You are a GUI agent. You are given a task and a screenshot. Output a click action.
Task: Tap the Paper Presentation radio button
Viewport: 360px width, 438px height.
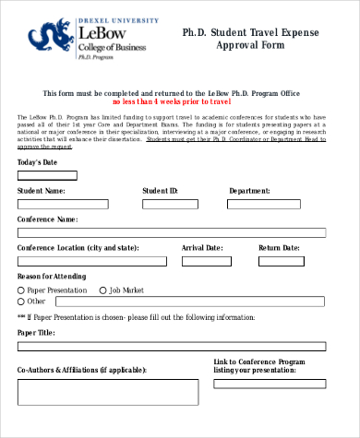(21, 290)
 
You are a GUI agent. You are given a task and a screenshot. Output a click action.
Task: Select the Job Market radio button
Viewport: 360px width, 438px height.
(103, 290)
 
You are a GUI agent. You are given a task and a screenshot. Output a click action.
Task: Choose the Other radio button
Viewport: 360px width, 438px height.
(21, 302)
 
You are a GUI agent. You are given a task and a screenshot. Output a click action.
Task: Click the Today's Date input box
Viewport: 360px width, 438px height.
(47, 175)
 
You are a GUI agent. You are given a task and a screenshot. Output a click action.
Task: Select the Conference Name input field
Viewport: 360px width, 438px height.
(172, 233)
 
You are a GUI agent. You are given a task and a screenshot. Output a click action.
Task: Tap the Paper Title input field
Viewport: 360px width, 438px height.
(172, 346)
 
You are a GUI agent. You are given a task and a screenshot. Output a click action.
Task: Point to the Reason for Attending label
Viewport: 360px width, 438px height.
(53, 277)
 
